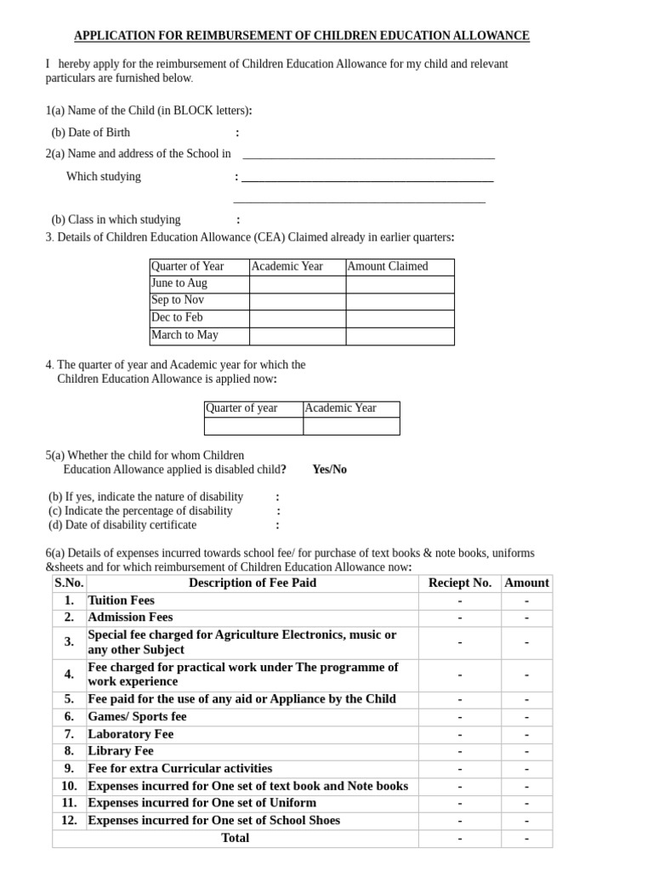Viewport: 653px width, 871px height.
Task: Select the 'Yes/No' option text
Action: [329, 470]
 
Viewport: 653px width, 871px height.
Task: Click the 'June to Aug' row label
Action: [179, 283]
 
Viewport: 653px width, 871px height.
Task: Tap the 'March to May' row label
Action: [185, 335]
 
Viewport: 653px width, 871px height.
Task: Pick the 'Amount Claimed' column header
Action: [388, 266]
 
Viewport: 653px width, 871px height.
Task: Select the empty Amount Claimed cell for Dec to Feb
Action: [400, 318]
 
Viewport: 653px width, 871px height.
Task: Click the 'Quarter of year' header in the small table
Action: [241, 408]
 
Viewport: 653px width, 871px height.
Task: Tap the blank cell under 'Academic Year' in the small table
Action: [351, 426]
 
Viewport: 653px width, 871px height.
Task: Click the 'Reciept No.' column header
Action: [460, 583]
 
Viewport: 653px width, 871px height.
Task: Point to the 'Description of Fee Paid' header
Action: [253, 583]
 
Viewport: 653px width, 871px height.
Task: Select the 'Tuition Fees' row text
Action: [122, 601]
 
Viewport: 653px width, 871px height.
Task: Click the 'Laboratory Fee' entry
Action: [131, 734]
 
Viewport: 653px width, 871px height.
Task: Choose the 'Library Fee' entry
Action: [121, 751]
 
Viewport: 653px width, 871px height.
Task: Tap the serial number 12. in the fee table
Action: [69, 821]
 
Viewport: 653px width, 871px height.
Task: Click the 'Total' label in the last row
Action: [236, 838]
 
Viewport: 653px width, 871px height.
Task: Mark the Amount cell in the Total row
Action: [526, 839]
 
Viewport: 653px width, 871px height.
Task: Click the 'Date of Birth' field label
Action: [91, 133]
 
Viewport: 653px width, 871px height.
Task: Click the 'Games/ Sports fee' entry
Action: [137, 717]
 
